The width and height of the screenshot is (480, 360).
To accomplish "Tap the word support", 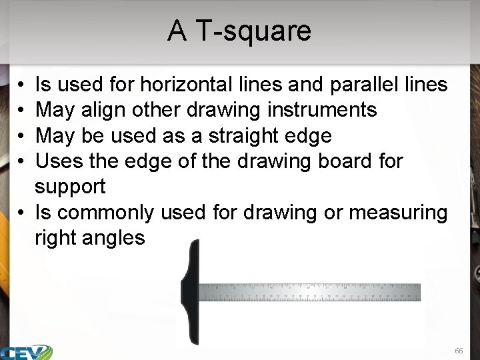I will pyautogui.click(x=70, y=187).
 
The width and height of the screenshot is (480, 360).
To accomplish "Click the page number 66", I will pyautogui.click(x=458, y=351).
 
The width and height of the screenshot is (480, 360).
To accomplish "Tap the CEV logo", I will pyautogui.click(x=27, y=352).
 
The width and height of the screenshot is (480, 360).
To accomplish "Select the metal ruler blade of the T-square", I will pyautogui.click(x=310, y=292).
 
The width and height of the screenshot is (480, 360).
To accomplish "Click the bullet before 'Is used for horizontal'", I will pyautogui.click(x=22, y=85).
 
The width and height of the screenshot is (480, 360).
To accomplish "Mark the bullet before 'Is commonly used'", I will pyautogui.click(x=22, y=213).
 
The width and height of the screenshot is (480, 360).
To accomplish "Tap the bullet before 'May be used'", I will pyautogui.click(x=22, y=137).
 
